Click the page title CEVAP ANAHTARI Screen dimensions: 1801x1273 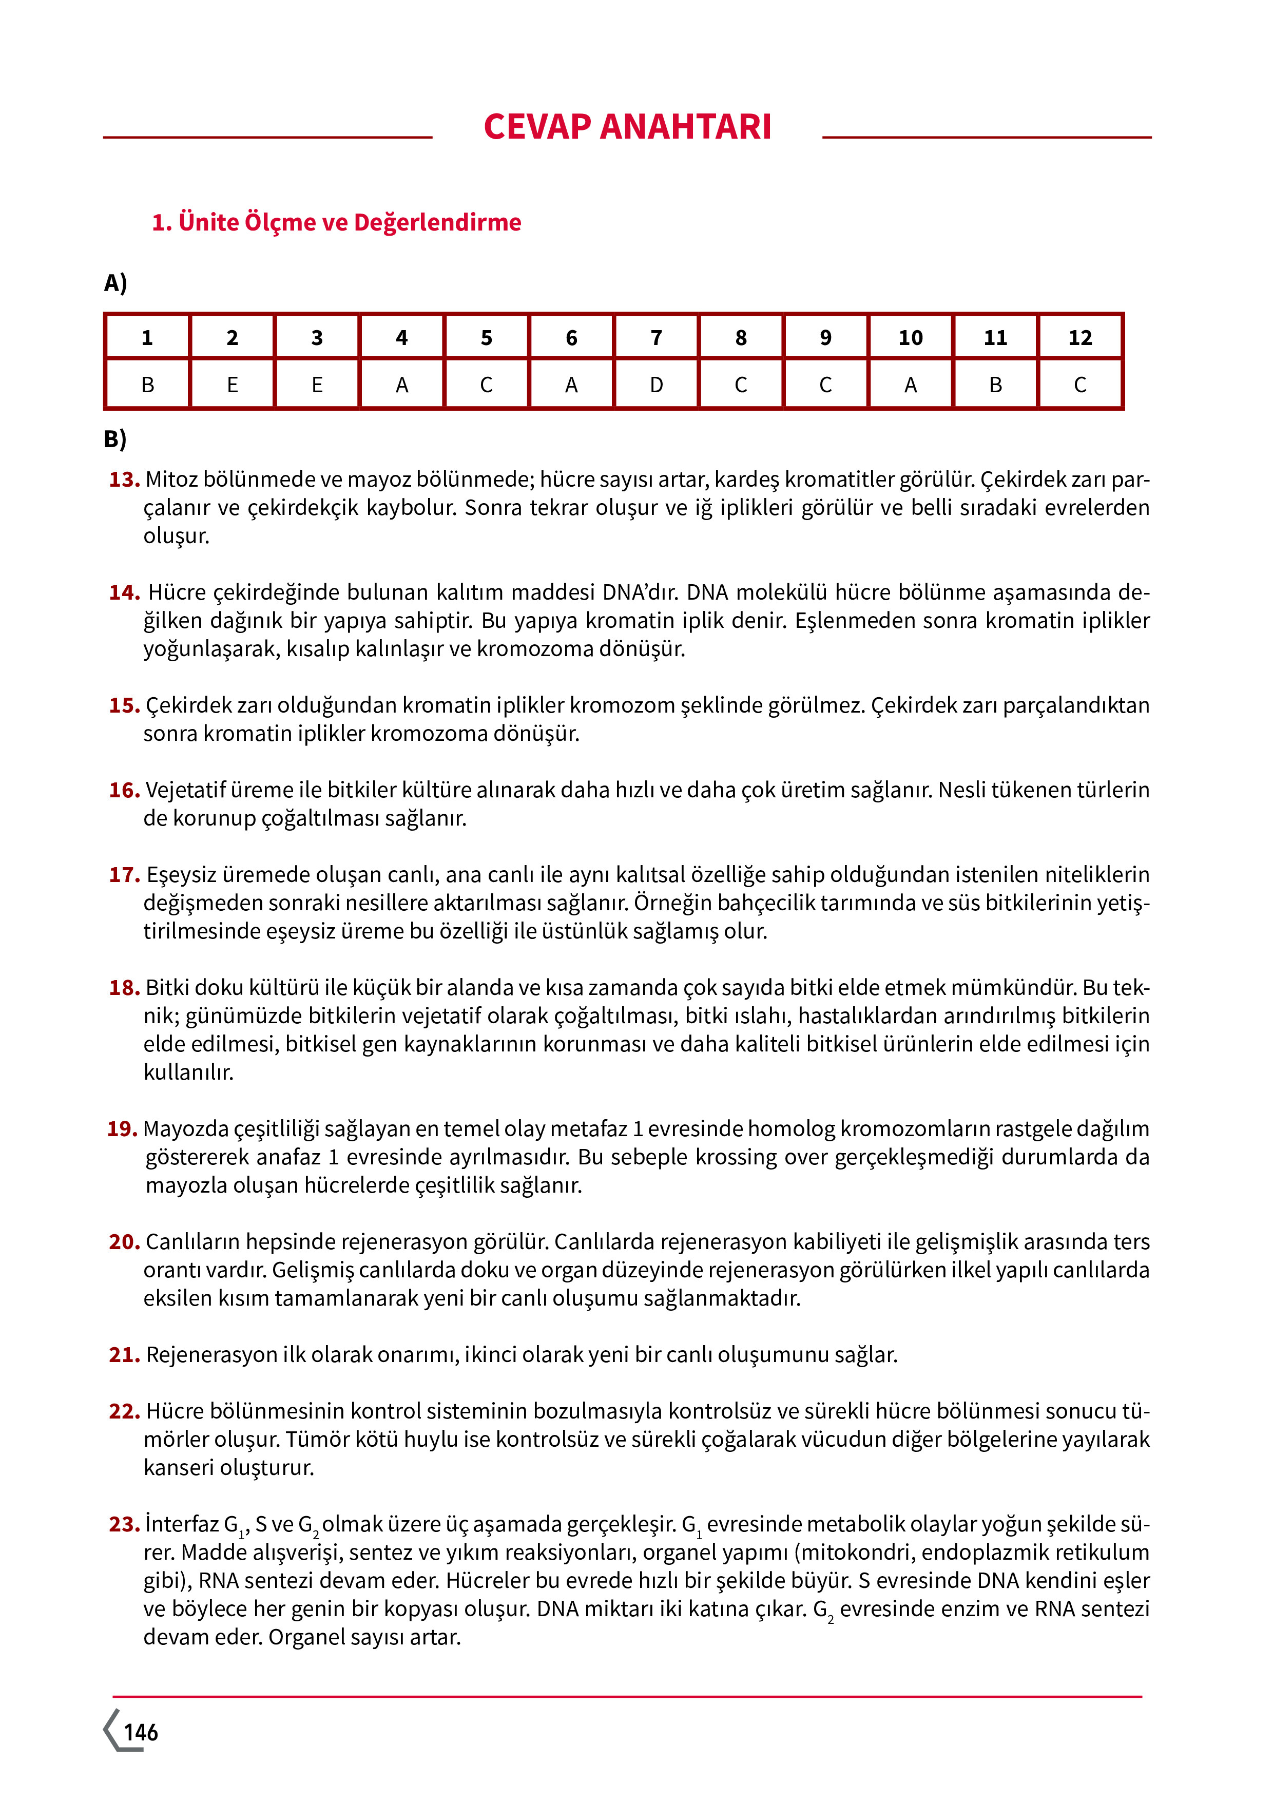627,127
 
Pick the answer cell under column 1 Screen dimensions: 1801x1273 147,385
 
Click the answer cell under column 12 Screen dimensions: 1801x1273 1079,385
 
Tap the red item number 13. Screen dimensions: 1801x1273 124,480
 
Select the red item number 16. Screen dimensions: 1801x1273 124,790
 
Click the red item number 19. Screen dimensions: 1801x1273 122,1129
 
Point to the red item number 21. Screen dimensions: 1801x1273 124,1355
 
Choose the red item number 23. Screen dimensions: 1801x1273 124,1524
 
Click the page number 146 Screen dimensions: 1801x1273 141,1733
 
